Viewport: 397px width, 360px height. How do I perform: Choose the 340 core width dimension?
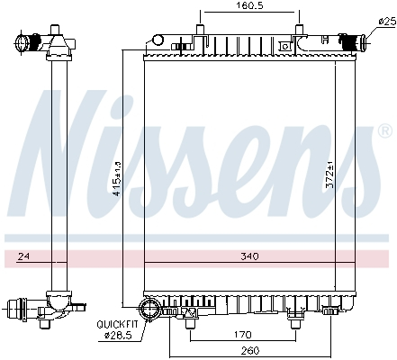click(x=249, y=257)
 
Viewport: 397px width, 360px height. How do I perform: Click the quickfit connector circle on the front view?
click(x=153, y=310)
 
